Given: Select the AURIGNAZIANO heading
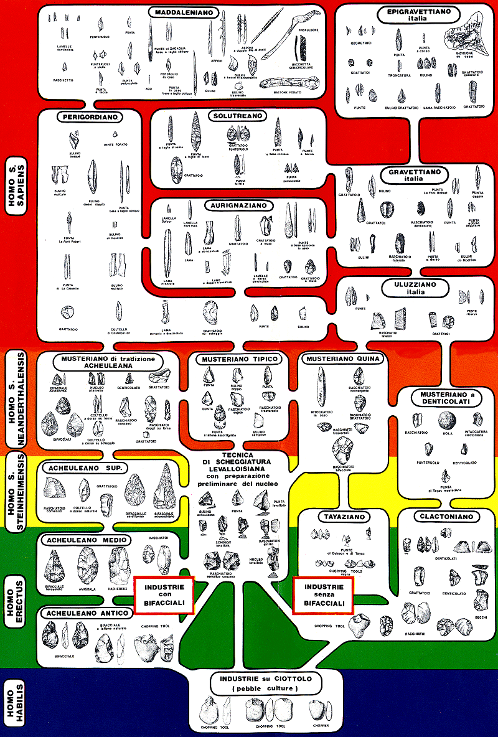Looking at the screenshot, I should (x=235, y=205).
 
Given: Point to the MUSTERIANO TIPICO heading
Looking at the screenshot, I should (x=239, y=359).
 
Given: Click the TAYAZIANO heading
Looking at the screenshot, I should (x=340, y=517).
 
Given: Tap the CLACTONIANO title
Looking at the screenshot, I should (x=446, y=517).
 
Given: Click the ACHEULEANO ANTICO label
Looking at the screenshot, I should (x=86, y=613).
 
